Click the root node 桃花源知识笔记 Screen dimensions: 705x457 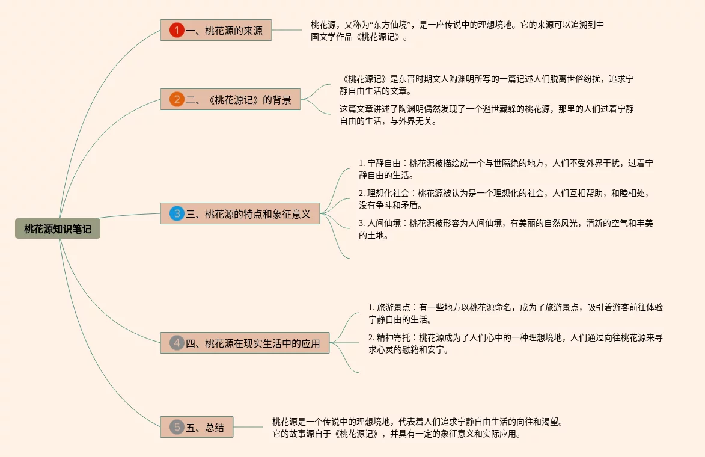tap(58, 228)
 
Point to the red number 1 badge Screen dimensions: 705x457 tap(177, 31)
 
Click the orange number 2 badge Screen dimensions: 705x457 tap(177, 100)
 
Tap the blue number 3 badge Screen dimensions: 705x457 tap(177, 213)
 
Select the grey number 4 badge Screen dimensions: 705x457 tap(177, 343)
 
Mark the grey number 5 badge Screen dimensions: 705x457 tap(177, 428)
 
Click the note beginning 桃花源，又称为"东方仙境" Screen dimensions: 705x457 tap(457, 31)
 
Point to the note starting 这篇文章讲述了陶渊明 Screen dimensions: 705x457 tap(487, 115)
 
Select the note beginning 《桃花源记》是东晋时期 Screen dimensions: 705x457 tap(487, 85)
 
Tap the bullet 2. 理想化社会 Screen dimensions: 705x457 tap(505, 199)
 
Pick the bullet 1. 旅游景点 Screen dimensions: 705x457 tap(516, 313)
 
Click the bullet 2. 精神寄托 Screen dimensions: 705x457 tap(516, 343)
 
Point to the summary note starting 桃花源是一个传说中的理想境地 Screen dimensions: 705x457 tap(417, 428)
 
